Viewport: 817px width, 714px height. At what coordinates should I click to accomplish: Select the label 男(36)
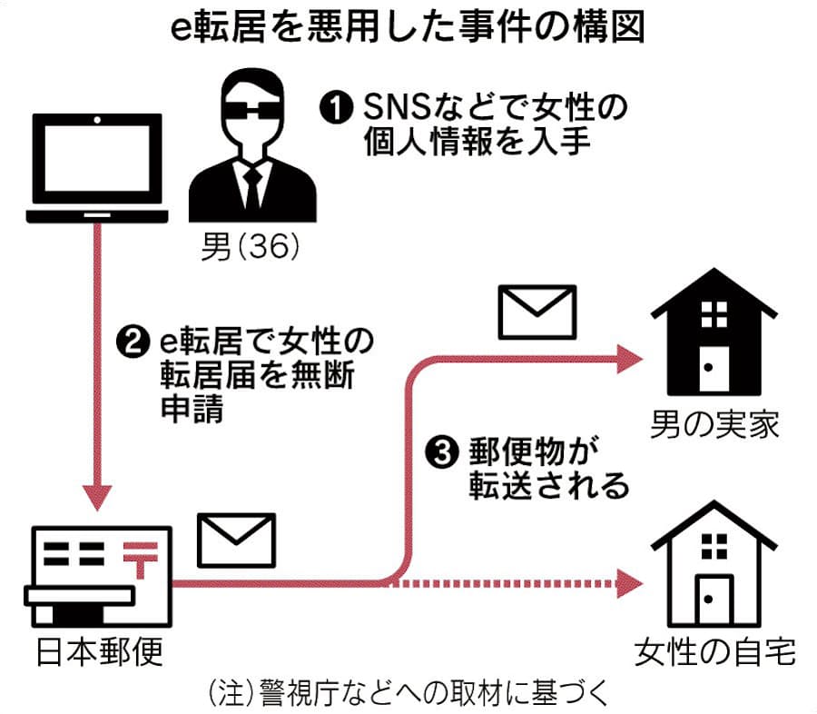pos(251,246)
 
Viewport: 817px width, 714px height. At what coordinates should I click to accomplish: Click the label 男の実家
pos(715,423)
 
